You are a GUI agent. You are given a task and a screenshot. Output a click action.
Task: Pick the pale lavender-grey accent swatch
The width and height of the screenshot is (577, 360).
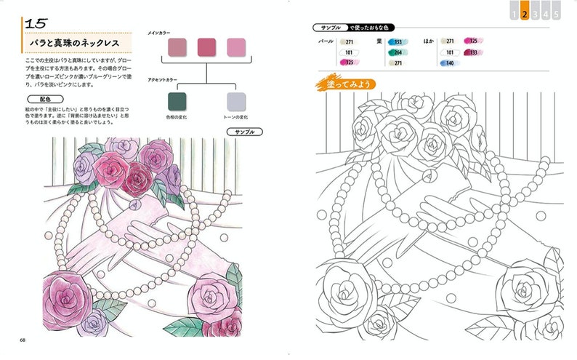tap(236, 101)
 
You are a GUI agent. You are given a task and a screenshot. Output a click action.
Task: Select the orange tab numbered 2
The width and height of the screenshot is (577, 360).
tap(525, 13)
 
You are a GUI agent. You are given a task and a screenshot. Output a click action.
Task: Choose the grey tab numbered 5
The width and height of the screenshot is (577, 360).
tap(555, 13)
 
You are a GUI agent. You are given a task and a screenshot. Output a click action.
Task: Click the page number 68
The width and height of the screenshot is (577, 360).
tap(23, 340)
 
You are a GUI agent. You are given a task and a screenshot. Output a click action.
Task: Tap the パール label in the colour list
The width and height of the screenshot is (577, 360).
tap(326, 42)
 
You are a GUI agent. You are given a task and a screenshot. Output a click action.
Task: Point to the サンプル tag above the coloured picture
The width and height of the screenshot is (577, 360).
tap(240, 132)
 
